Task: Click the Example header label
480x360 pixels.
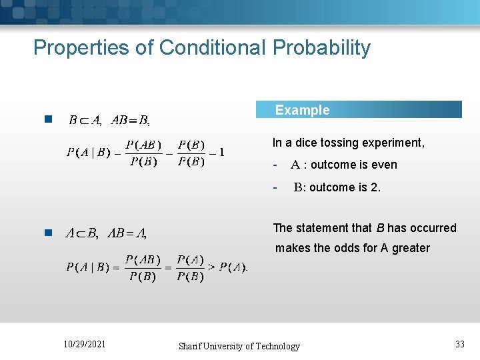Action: (303, 110)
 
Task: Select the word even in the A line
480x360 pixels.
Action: (385, 165)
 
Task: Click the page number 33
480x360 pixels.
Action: (460, 344)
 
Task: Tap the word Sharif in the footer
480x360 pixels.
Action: (192, 346)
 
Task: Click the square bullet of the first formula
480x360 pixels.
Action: (47, 120)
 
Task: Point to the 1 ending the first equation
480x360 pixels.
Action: (222, 152)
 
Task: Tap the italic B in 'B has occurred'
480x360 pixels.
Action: (381, 228)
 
